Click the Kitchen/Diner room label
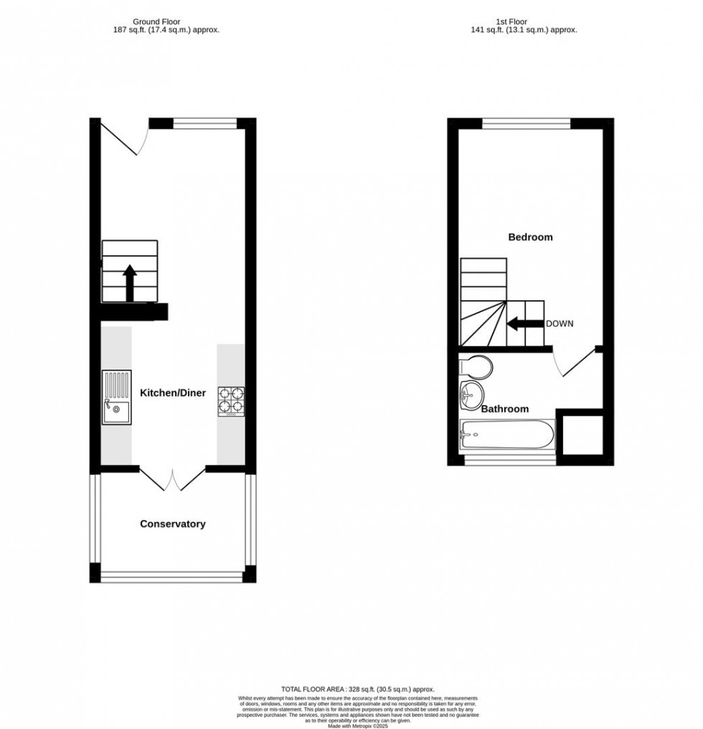(x=172, y=393)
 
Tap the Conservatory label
(x=172, y=524)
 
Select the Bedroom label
(x=530, y=237)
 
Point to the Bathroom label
(x=504, y=409)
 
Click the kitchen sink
(x=116, y=398)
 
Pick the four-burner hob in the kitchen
(x=231, y=401)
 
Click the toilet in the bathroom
(x=476, y=366)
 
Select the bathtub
(x=507, y=434)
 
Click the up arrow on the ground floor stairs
(x=130, y=283)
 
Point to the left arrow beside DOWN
(x=524, y=324)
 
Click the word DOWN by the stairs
(x=560, y=324)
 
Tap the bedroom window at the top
(x=526, y=123)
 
